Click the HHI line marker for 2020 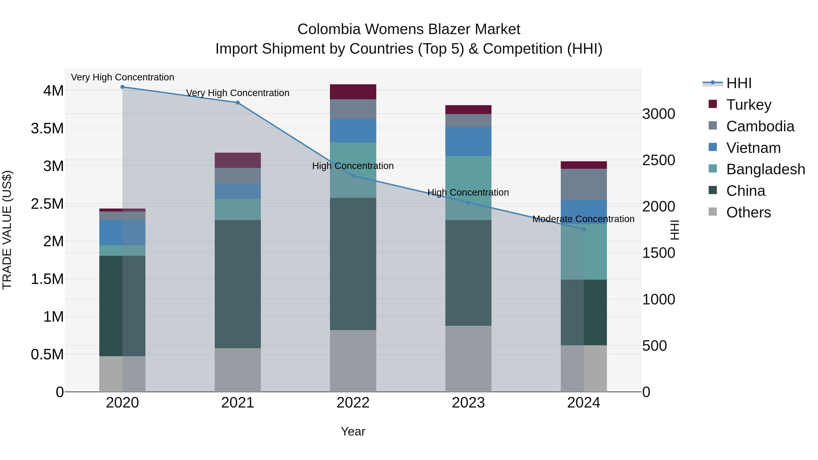[x=122, y=87]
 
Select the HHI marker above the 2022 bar [x=353, y=176]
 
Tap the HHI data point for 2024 [x=584, y=229]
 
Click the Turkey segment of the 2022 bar [x=353, y=92]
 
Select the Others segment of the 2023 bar [x=468, y=359]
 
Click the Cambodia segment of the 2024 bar [x=584, y=184]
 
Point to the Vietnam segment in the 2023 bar [x=468, y=142]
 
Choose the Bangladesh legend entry [x=765, y=169]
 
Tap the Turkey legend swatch [x=713, y=104]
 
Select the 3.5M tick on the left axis [x=47, y=129]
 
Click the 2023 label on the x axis [x=468, y=403]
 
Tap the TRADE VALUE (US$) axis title [x=7, y=230]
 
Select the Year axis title [x=353, y=431]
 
